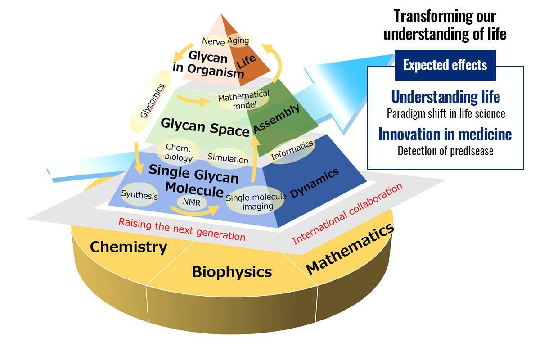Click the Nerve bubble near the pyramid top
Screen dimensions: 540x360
pyautogui.click(x=214, y=41)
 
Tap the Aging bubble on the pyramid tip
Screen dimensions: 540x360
pyautogui.click(x=238, y=40)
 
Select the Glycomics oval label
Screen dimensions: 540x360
pyautogui.click(x=151, y=101)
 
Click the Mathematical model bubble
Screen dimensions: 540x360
pyautogui.click(x=243, y=99)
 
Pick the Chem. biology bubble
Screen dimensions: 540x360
pyautogui.click(x=178, y=152)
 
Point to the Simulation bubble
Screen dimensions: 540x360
pyautogui.click(x=228, y=158)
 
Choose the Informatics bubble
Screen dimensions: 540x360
pyautogui.click(x=292, y=150)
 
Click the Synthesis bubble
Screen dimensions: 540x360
pyautogui.click(x=139, y=194)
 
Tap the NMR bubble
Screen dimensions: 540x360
pyautogui.click(x=192, y=202)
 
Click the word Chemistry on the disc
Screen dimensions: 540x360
pyautogui.click(x=129, y=247)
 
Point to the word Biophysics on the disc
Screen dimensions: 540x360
pyautogui.click(x=232, y=272)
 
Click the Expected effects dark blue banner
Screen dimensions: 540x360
pyautogui.click(x=445, y=65)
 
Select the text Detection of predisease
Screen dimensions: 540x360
pyautogui.click(x=445, y=151)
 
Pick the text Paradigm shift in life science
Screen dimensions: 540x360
pyautogui.click(x=446, y=113)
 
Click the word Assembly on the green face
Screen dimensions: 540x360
pyautogui.click(x=277, y=119)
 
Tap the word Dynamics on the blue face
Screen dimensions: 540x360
pyautogui.click(x=315, y=183)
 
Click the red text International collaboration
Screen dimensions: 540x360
pyautogui.click(x=347, y=214)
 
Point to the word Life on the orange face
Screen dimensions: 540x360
pyautogui.click(x=246, y=61)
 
